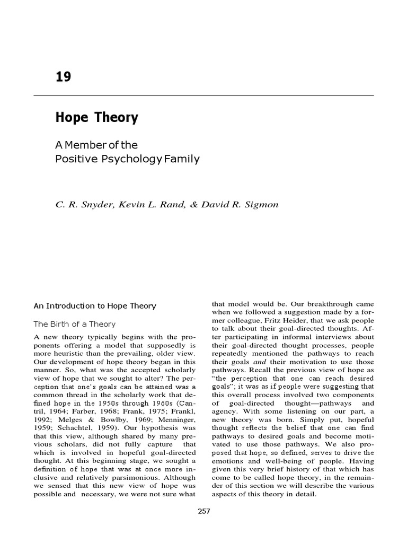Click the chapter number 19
pyautogui.click(x=63, y=77)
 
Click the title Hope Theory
pyautogui.click(x=96, y=118)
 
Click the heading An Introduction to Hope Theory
pyautogui.click(x=95, y=305)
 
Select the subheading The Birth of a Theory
pyautogui.click(x=74, y=323)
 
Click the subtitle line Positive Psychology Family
pyautogui.click(x=127, y=159)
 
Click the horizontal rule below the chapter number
pyautogui.click(x=203, y=95)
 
